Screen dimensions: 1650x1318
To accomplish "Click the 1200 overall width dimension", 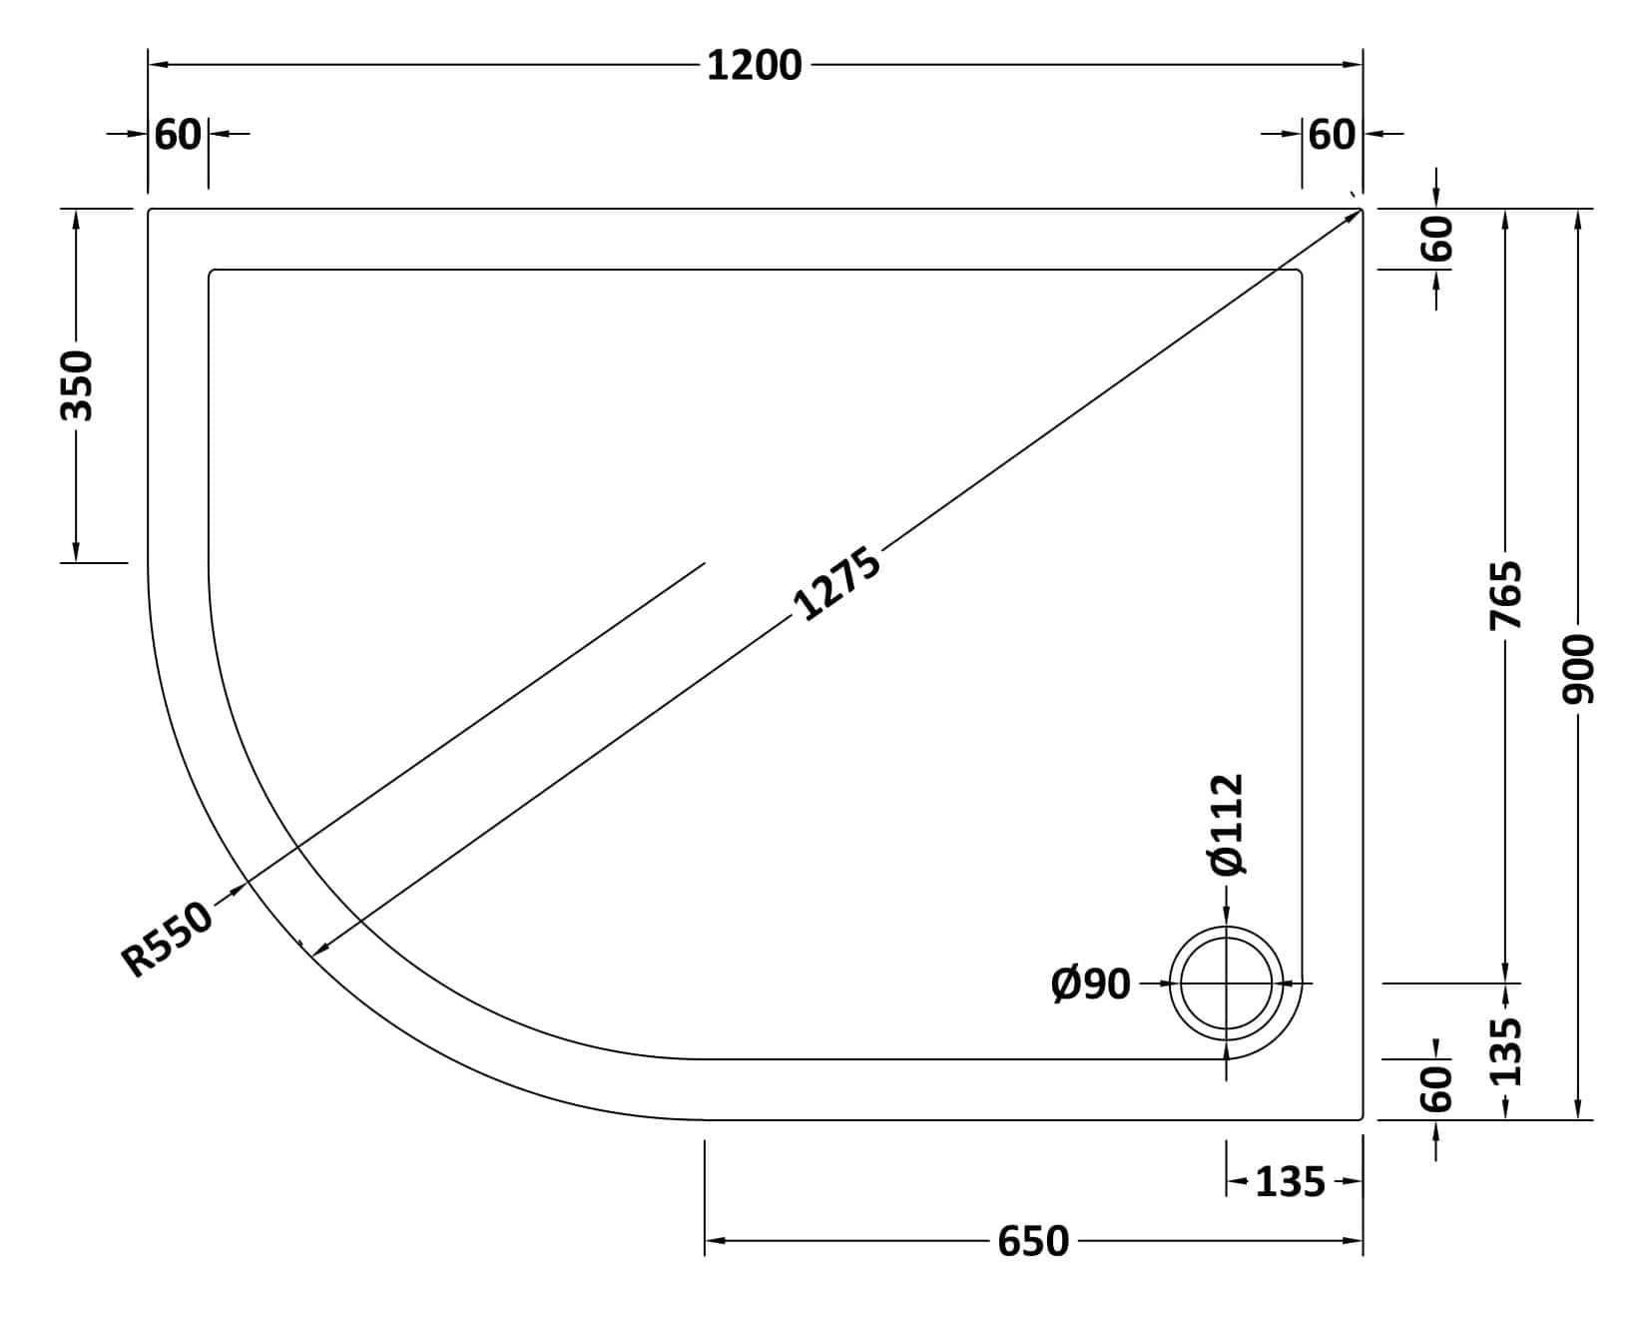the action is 754,66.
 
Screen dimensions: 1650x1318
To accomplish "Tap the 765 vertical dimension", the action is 1505,595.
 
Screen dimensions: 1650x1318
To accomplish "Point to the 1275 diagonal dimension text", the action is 836,584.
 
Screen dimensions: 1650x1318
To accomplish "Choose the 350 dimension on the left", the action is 76,385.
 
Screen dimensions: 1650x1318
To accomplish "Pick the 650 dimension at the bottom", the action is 1033,1242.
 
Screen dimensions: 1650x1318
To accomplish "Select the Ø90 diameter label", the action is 1091,985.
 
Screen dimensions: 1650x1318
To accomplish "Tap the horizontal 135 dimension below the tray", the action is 1290,1182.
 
